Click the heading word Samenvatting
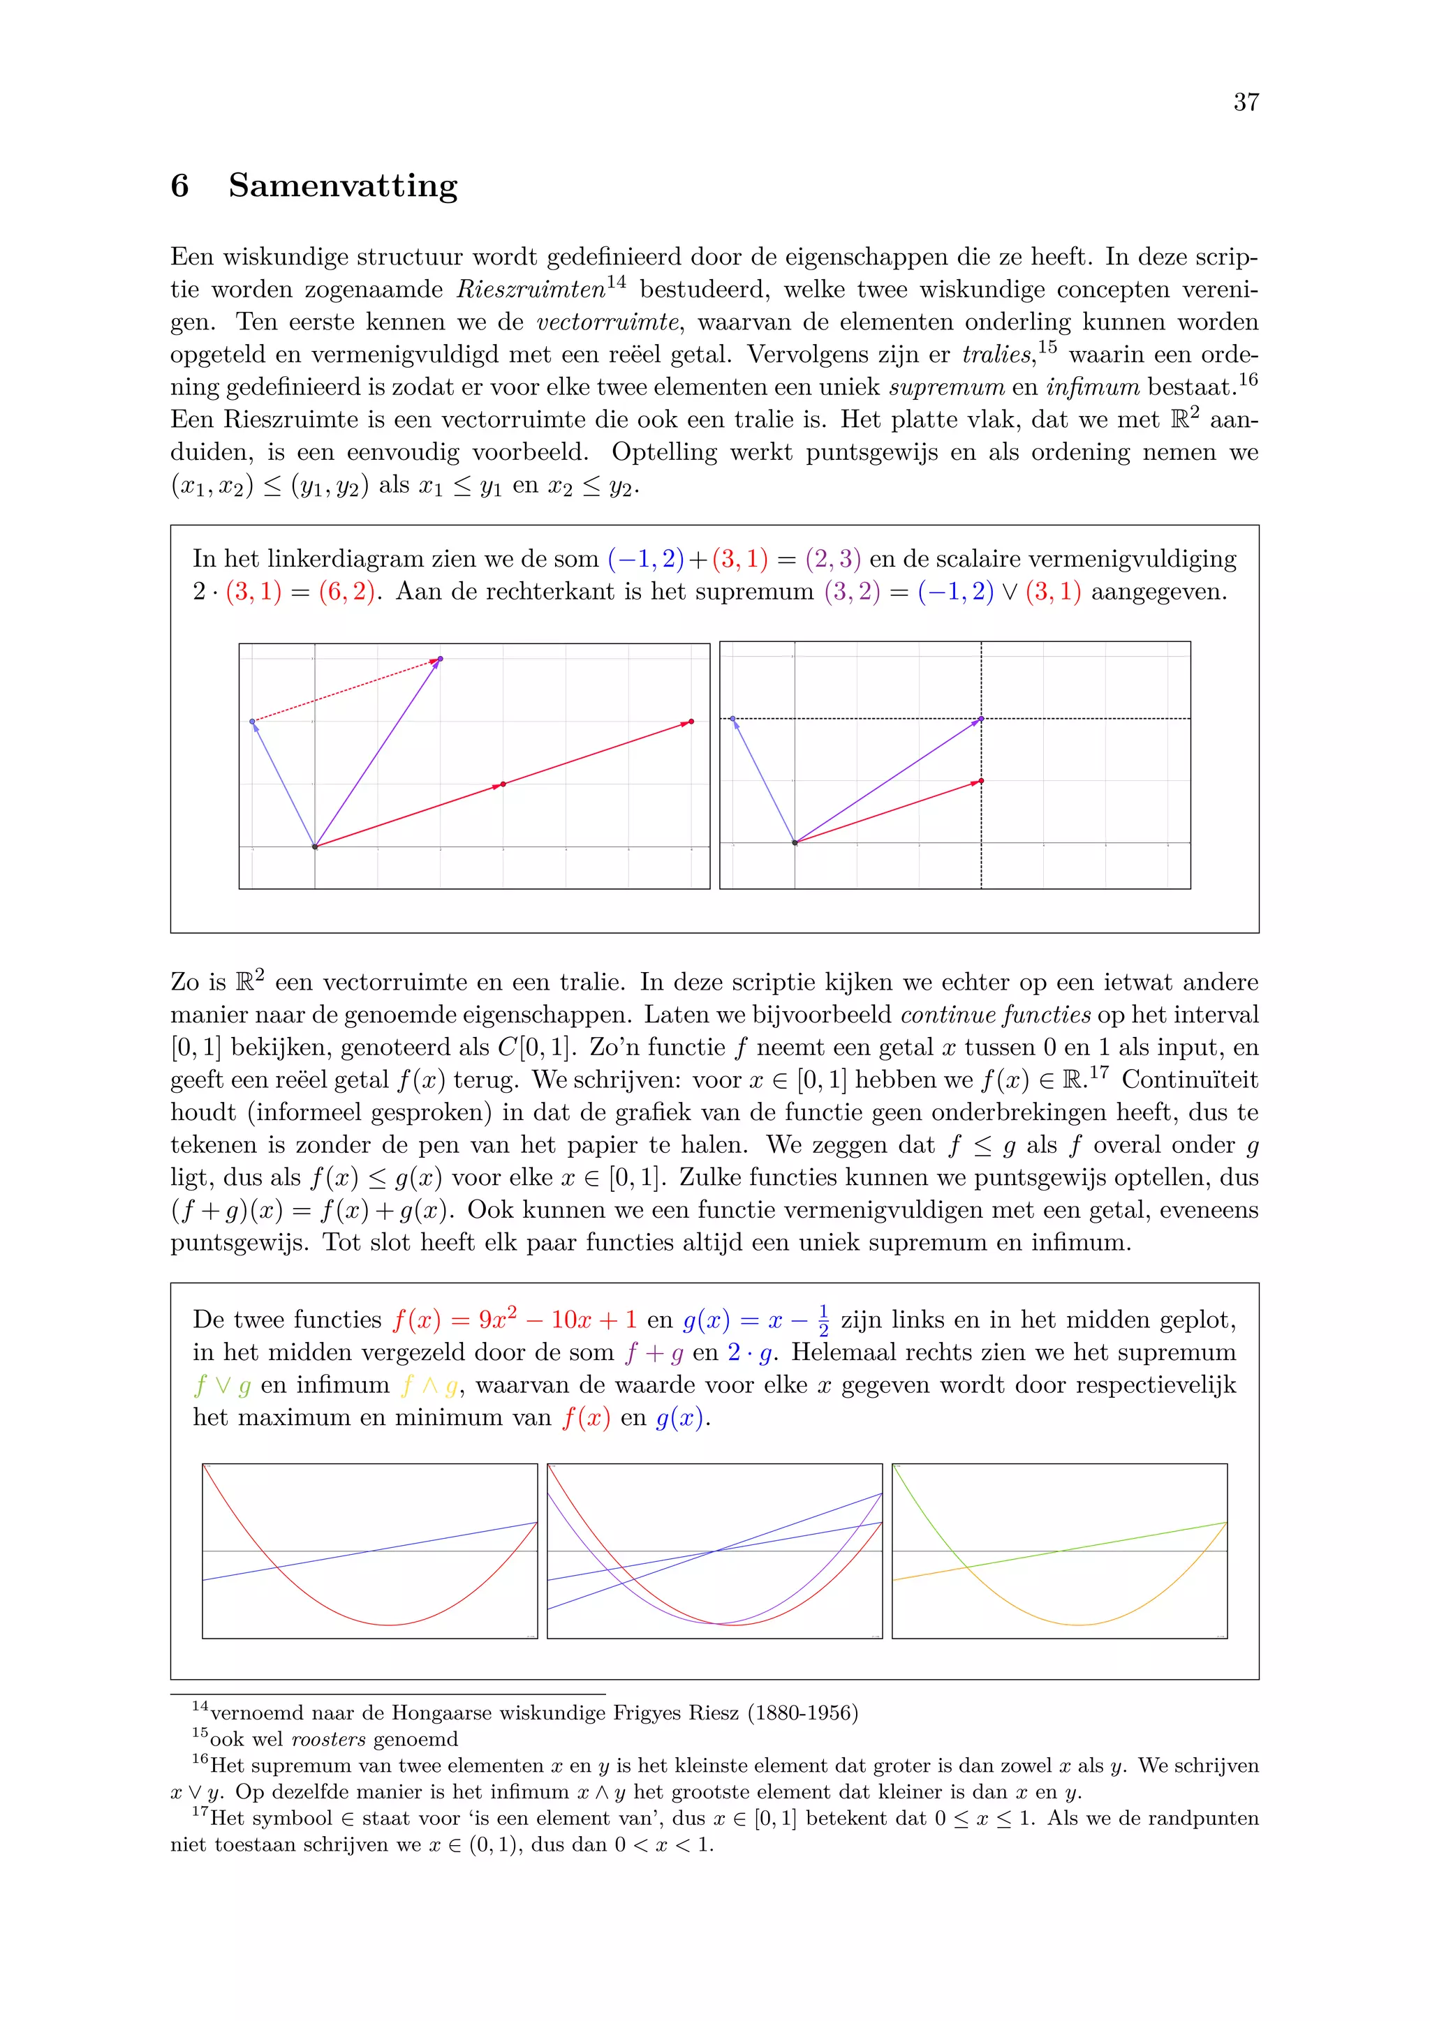343,186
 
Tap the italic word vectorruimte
607,322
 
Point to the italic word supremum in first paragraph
947,387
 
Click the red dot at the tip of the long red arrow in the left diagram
691,722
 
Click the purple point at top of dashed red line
441,658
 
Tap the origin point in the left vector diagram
315,847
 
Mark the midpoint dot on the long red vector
503,784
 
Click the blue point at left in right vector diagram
732,719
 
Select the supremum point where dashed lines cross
981,719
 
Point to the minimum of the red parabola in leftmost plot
388,1624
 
